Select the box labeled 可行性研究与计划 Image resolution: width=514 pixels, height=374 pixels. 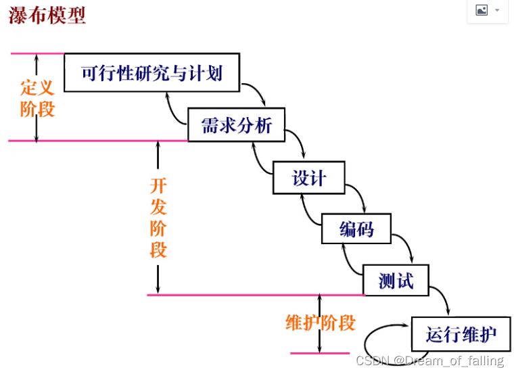pos(152,72)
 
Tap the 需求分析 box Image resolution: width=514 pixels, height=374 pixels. pos(237,124)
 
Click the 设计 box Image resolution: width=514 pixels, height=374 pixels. pos(309,178)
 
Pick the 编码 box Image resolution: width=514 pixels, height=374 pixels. pos(356,229)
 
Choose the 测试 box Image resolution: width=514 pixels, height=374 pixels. pos(396,279)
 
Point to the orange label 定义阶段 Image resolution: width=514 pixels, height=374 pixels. pos(37,98)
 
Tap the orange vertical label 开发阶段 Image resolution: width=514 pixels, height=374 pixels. pos(158,218)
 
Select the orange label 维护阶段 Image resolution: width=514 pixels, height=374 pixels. pos(320,323)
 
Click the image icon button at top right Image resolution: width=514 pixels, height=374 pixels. pos(487,10)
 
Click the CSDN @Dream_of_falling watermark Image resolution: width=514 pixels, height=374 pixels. pos(430,361)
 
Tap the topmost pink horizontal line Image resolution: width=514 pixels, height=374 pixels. pos(37,53)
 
